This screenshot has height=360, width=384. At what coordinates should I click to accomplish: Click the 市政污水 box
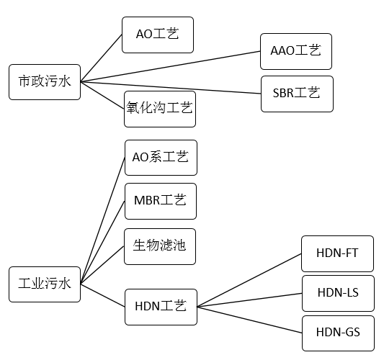tap(44, 81)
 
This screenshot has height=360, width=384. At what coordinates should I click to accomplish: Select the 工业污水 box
tap(44, 284)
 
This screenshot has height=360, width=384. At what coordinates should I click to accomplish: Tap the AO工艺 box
tap(158, 35)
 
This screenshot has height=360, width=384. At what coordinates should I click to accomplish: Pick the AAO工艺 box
tap(295, 51)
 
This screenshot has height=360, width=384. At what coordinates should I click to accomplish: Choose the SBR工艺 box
tap(296, 94)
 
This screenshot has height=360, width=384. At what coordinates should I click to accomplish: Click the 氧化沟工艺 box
tap(159, 109)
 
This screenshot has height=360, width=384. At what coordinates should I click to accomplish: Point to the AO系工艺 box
tap(161, 158)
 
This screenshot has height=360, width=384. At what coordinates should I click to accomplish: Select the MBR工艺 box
tap(160, 201)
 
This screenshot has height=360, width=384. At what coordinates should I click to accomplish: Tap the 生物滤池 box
tap(160, 246)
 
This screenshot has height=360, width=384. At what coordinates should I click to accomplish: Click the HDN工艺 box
tap(161, 306)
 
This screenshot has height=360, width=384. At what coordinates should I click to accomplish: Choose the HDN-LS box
tap(338, 293)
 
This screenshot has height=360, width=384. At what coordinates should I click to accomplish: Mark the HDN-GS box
tap(338, 333)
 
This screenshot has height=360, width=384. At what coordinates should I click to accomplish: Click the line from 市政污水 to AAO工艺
tap(170, 66)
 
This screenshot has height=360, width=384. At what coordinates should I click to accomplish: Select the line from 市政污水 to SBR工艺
tap(170, 87)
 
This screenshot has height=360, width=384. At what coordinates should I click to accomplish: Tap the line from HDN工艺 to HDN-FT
tap(249, 279)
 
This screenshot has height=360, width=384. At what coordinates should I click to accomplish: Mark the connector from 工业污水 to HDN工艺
tap(102, 294)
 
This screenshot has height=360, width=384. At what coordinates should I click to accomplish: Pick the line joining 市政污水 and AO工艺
tap(101, 58)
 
